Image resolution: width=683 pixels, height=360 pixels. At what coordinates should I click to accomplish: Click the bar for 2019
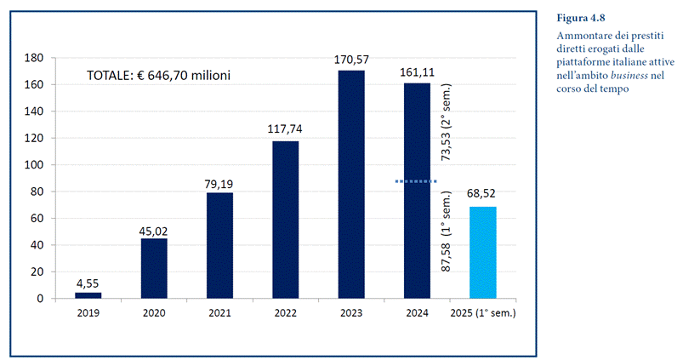click(x=88, y=295)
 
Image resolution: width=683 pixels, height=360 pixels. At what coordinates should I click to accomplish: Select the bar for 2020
click(x=154, y=268)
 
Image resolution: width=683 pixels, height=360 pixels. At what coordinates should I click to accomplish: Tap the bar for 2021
click(x=219, y=245)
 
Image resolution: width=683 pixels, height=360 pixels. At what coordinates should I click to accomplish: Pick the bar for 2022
click(x=285, y=220)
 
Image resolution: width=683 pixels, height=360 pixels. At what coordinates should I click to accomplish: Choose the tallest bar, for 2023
click(x=350, y=184)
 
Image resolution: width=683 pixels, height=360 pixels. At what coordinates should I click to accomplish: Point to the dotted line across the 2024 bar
click(x=416, y=181)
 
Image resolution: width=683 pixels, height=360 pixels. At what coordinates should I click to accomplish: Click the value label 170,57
click(x=350, y=60)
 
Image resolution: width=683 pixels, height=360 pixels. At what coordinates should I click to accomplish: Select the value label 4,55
click(x=88, y=283)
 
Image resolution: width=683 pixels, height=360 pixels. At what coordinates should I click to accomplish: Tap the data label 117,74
click(x=285, y=129)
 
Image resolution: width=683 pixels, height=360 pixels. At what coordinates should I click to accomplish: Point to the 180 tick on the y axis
click(x=35, y=58)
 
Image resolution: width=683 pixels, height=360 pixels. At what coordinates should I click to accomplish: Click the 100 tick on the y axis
click(x=35, y=165)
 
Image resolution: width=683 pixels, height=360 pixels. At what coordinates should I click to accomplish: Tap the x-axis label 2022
click(x=285, y=312)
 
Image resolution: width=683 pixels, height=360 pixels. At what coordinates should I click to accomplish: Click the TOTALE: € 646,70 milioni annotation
click(x=159, y=76)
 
